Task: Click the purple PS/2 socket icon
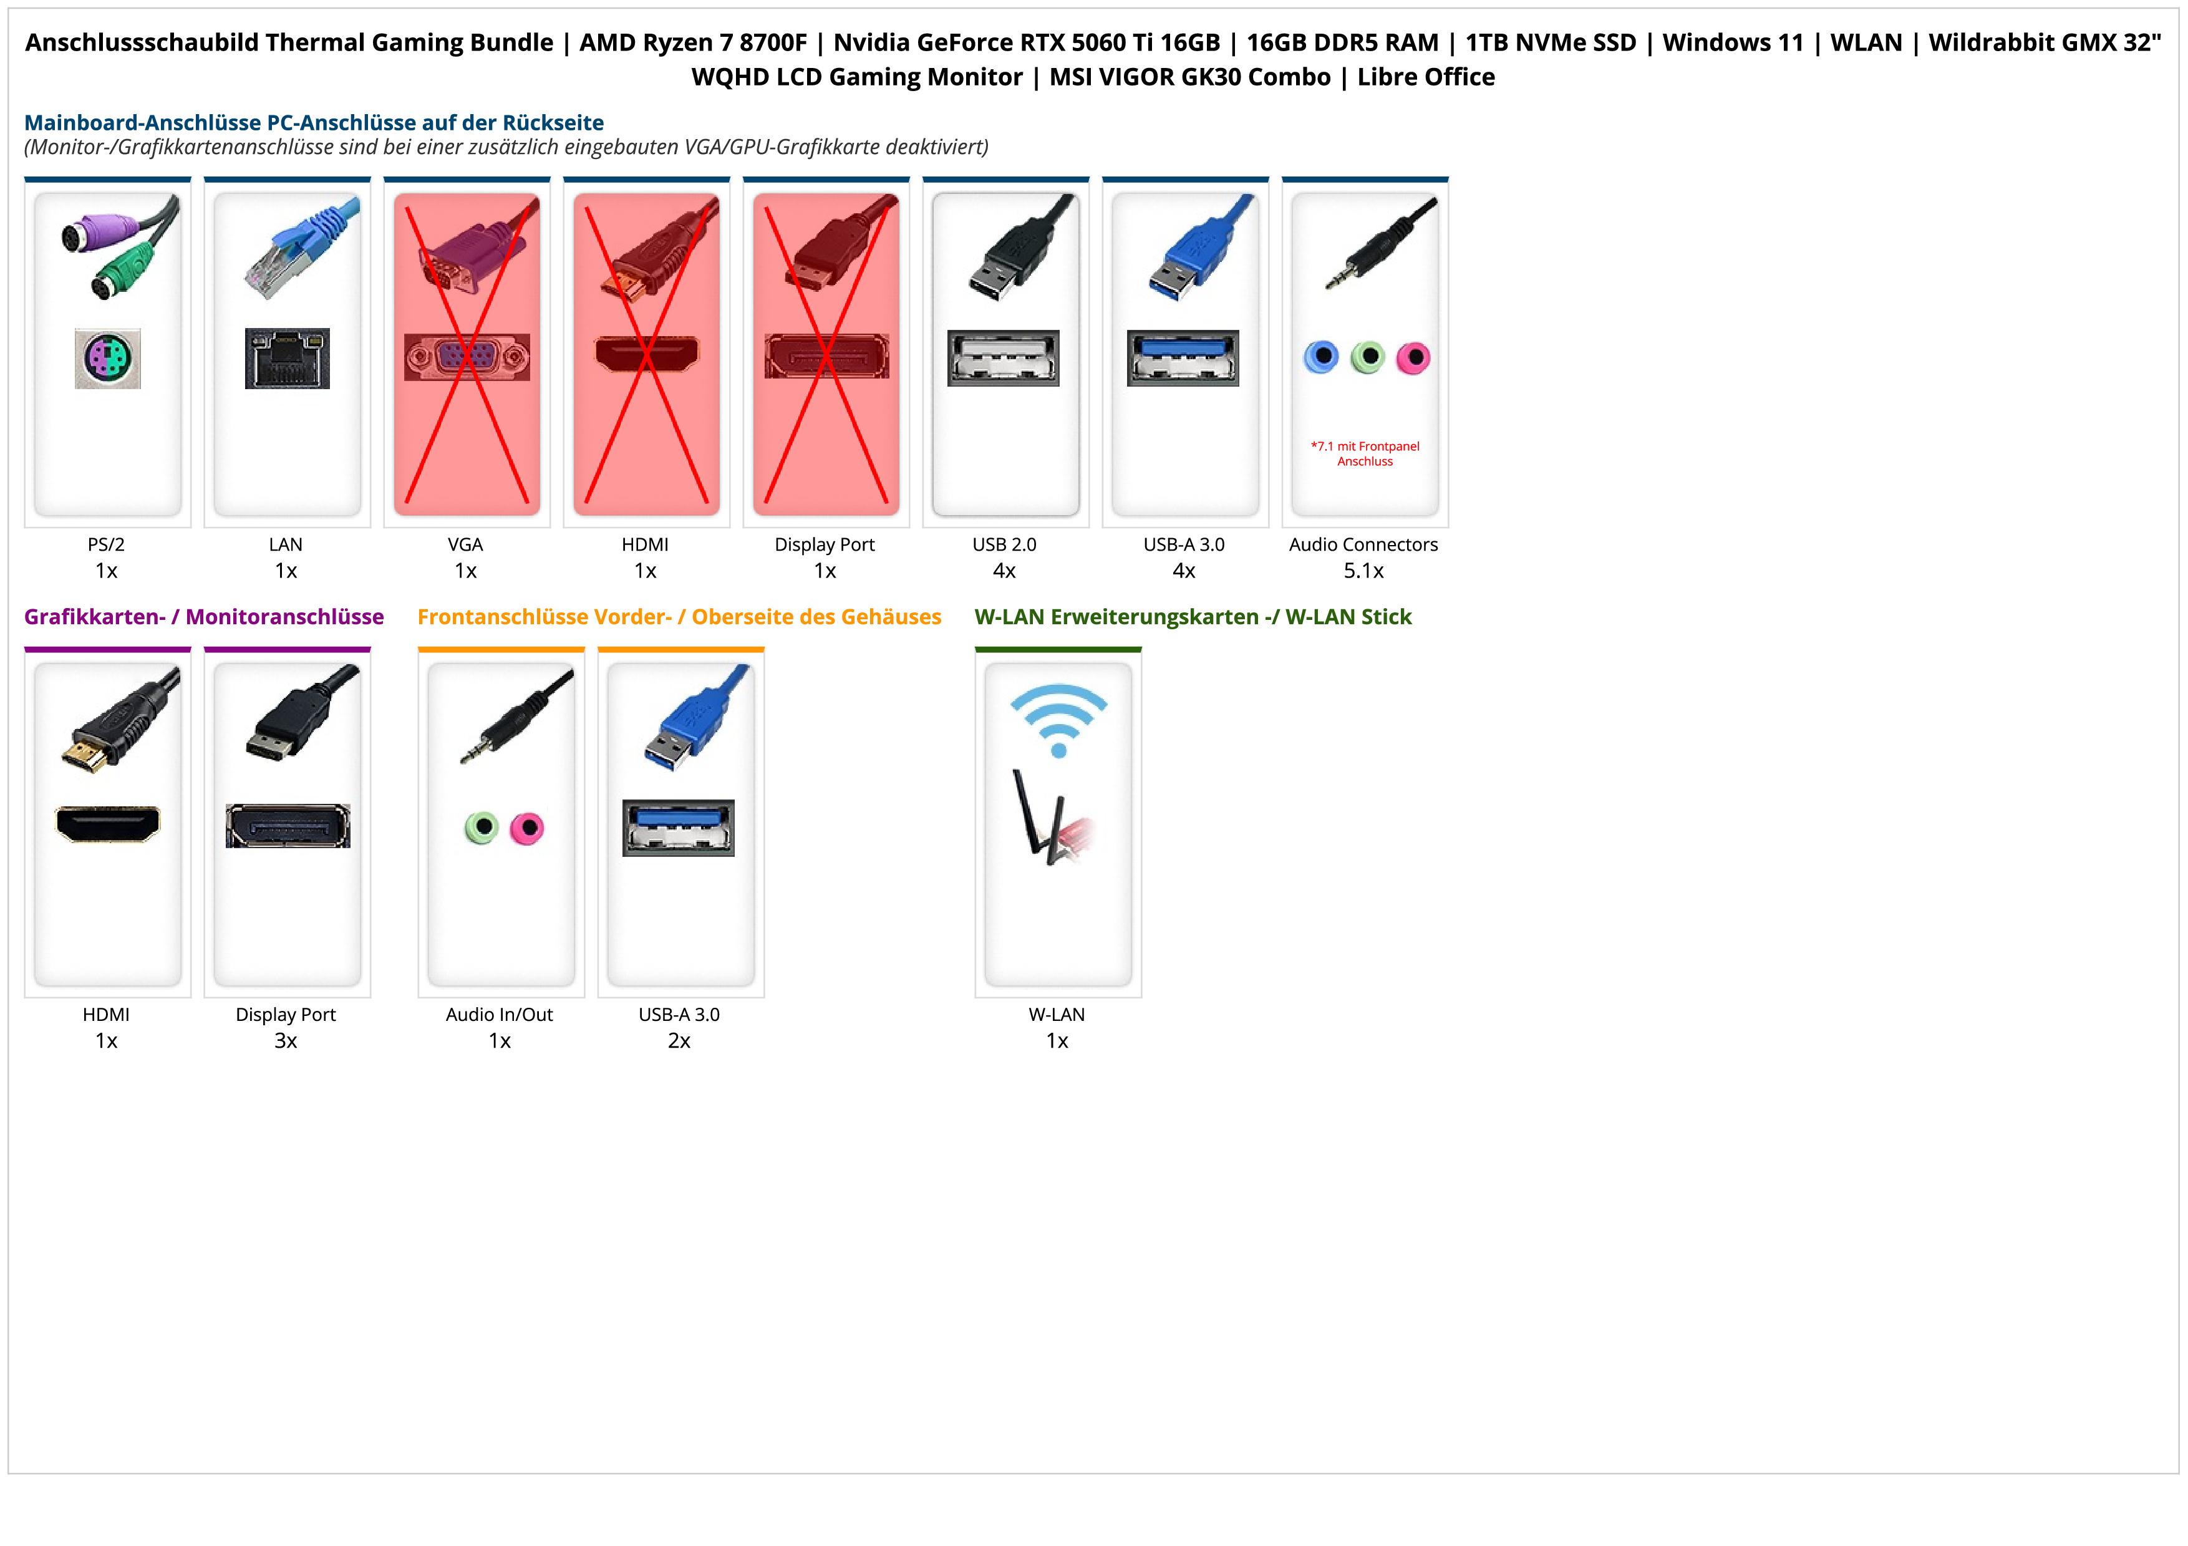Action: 108,358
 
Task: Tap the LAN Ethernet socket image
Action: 287,358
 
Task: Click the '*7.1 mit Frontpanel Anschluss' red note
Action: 1365,453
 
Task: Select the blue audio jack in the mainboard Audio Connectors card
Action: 1321,357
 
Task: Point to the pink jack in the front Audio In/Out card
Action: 526,828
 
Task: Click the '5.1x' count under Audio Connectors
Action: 1363,571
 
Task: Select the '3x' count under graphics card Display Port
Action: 286,1040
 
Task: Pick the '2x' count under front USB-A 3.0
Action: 679,1040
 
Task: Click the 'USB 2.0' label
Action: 1004,544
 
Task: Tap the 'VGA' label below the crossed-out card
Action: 465,544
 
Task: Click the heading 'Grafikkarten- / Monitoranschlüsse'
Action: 204,616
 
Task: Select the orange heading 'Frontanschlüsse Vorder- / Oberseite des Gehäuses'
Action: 679,616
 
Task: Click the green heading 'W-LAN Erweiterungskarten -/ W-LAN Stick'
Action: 1192,616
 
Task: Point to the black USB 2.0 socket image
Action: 1004,358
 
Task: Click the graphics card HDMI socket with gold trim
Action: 108,824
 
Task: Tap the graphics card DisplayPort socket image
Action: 288,826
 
